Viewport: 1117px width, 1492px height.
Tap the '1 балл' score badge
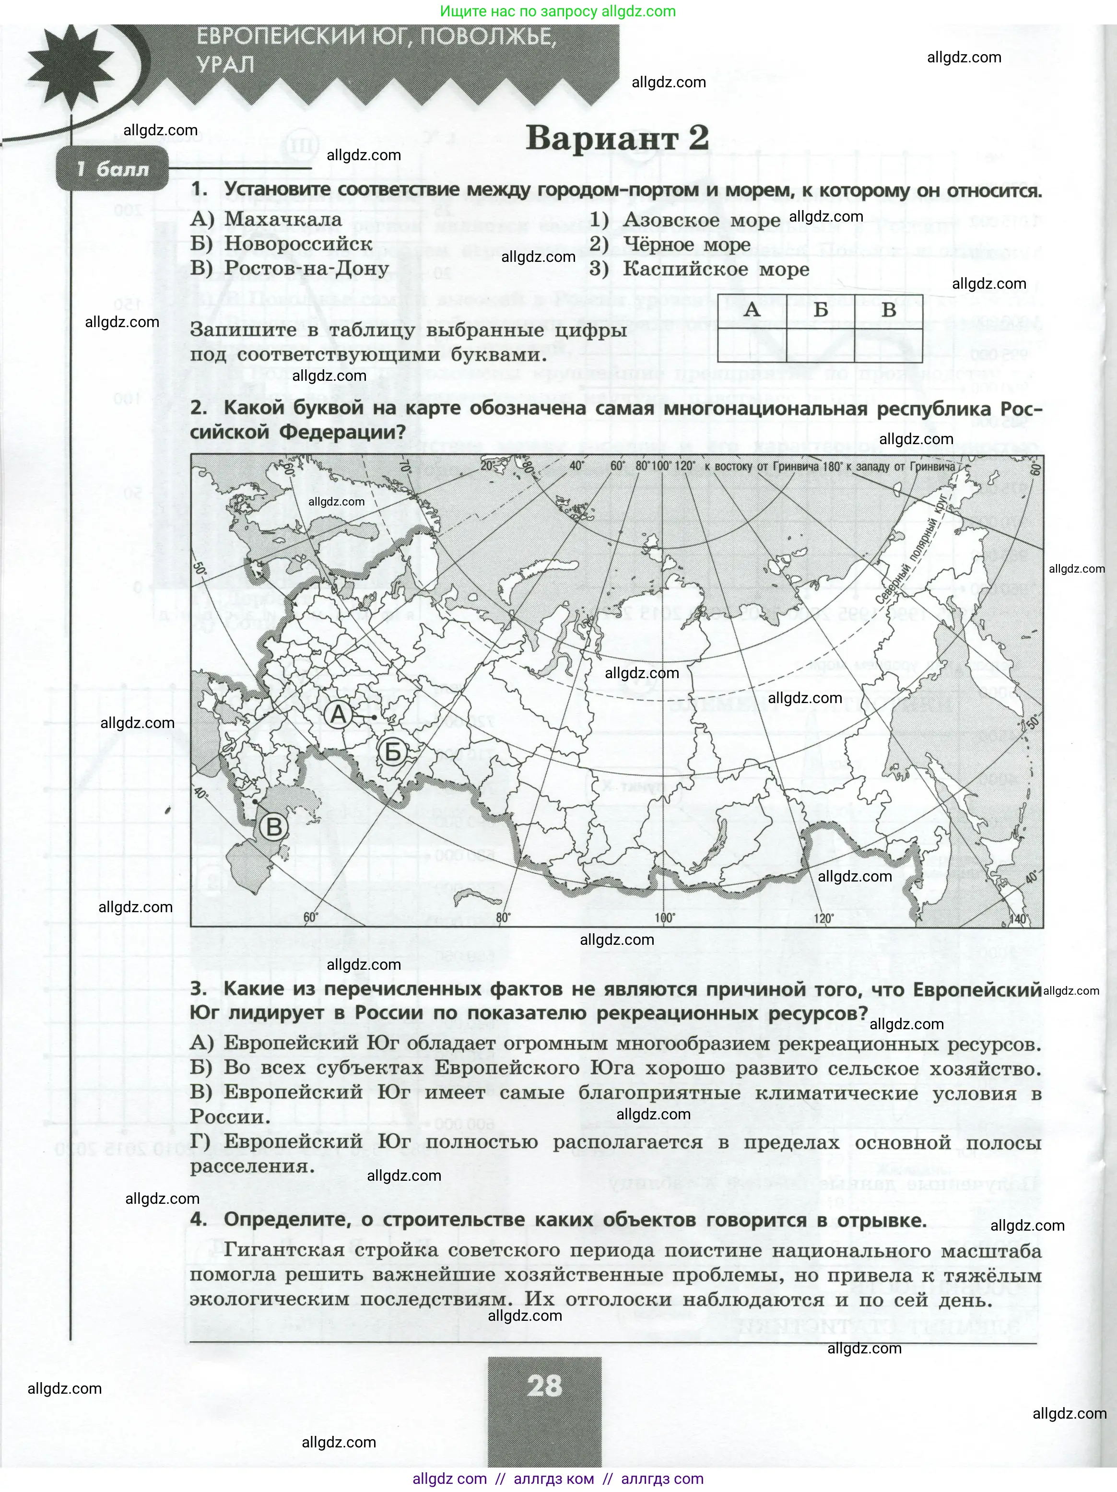click(x=112, y=169)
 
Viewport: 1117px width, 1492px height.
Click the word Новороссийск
click(x=298, y=244)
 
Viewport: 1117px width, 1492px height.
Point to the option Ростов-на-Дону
click(x=307, y=269)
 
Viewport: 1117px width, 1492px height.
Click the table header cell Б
click(x=820, y=310)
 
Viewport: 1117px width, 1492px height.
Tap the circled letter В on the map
click(x=274, y=827)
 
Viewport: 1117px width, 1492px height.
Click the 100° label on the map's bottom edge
click(x=664, y=918)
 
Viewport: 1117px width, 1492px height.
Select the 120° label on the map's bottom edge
click(x=823, y=918)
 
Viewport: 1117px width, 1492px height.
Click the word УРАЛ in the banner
click(x=226, y=65)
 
